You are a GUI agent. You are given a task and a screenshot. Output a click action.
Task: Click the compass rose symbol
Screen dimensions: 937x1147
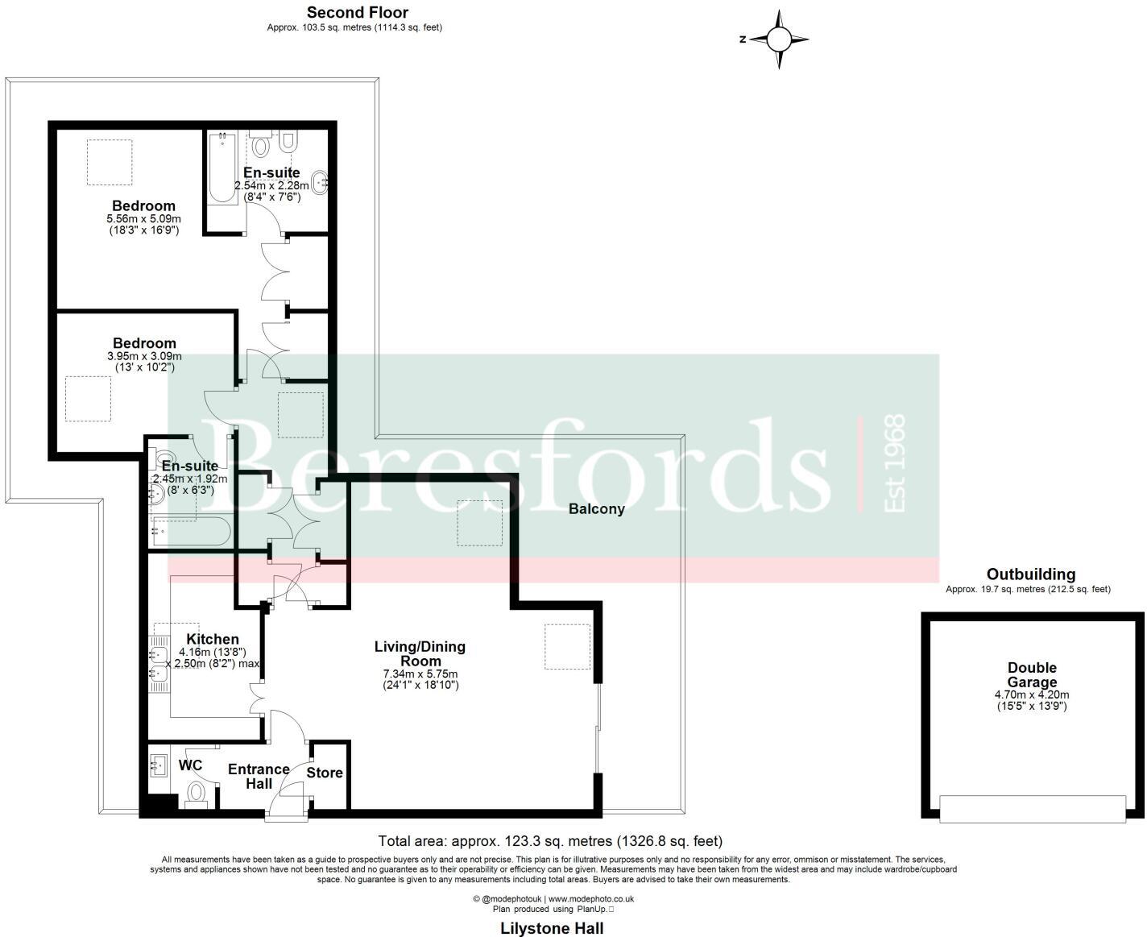(778, 39)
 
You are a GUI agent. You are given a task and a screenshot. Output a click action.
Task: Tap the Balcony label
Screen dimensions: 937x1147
(596, 509)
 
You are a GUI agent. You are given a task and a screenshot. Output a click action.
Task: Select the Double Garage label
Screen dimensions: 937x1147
(1032, 675)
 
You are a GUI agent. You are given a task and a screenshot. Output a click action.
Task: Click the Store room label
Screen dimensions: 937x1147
(325, 773)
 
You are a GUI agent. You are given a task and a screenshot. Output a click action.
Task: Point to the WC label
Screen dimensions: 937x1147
(190, 765)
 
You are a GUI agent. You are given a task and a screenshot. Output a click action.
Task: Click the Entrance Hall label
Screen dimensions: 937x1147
(259, 777)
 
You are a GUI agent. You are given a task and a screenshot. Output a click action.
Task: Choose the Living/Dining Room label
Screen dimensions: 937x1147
(420, 653)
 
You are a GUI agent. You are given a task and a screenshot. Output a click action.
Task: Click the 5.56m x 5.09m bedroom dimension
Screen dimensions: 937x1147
(143, 219)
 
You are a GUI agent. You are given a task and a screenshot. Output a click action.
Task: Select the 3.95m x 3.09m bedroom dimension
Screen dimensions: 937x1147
(144, 356)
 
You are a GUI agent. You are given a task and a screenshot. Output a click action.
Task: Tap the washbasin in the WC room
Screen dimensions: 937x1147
(158, 765)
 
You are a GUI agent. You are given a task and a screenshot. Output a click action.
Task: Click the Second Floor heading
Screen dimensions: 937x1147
(358, 12)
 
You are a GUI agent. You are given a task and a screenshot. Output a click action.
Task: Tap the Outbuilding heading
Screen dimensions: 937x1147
(1030, 574)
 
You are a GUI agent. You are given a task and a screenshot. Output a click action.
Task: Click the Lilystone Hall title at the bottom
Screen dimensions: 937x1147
(552, 928)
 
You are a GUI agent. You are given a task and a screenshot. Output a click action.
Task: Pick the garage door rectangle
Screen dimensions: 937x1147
(1033, 809)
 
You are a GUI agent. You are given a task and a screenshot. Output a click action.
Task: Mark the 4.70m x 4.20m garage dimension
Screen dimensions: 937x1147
(1032, 694)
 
